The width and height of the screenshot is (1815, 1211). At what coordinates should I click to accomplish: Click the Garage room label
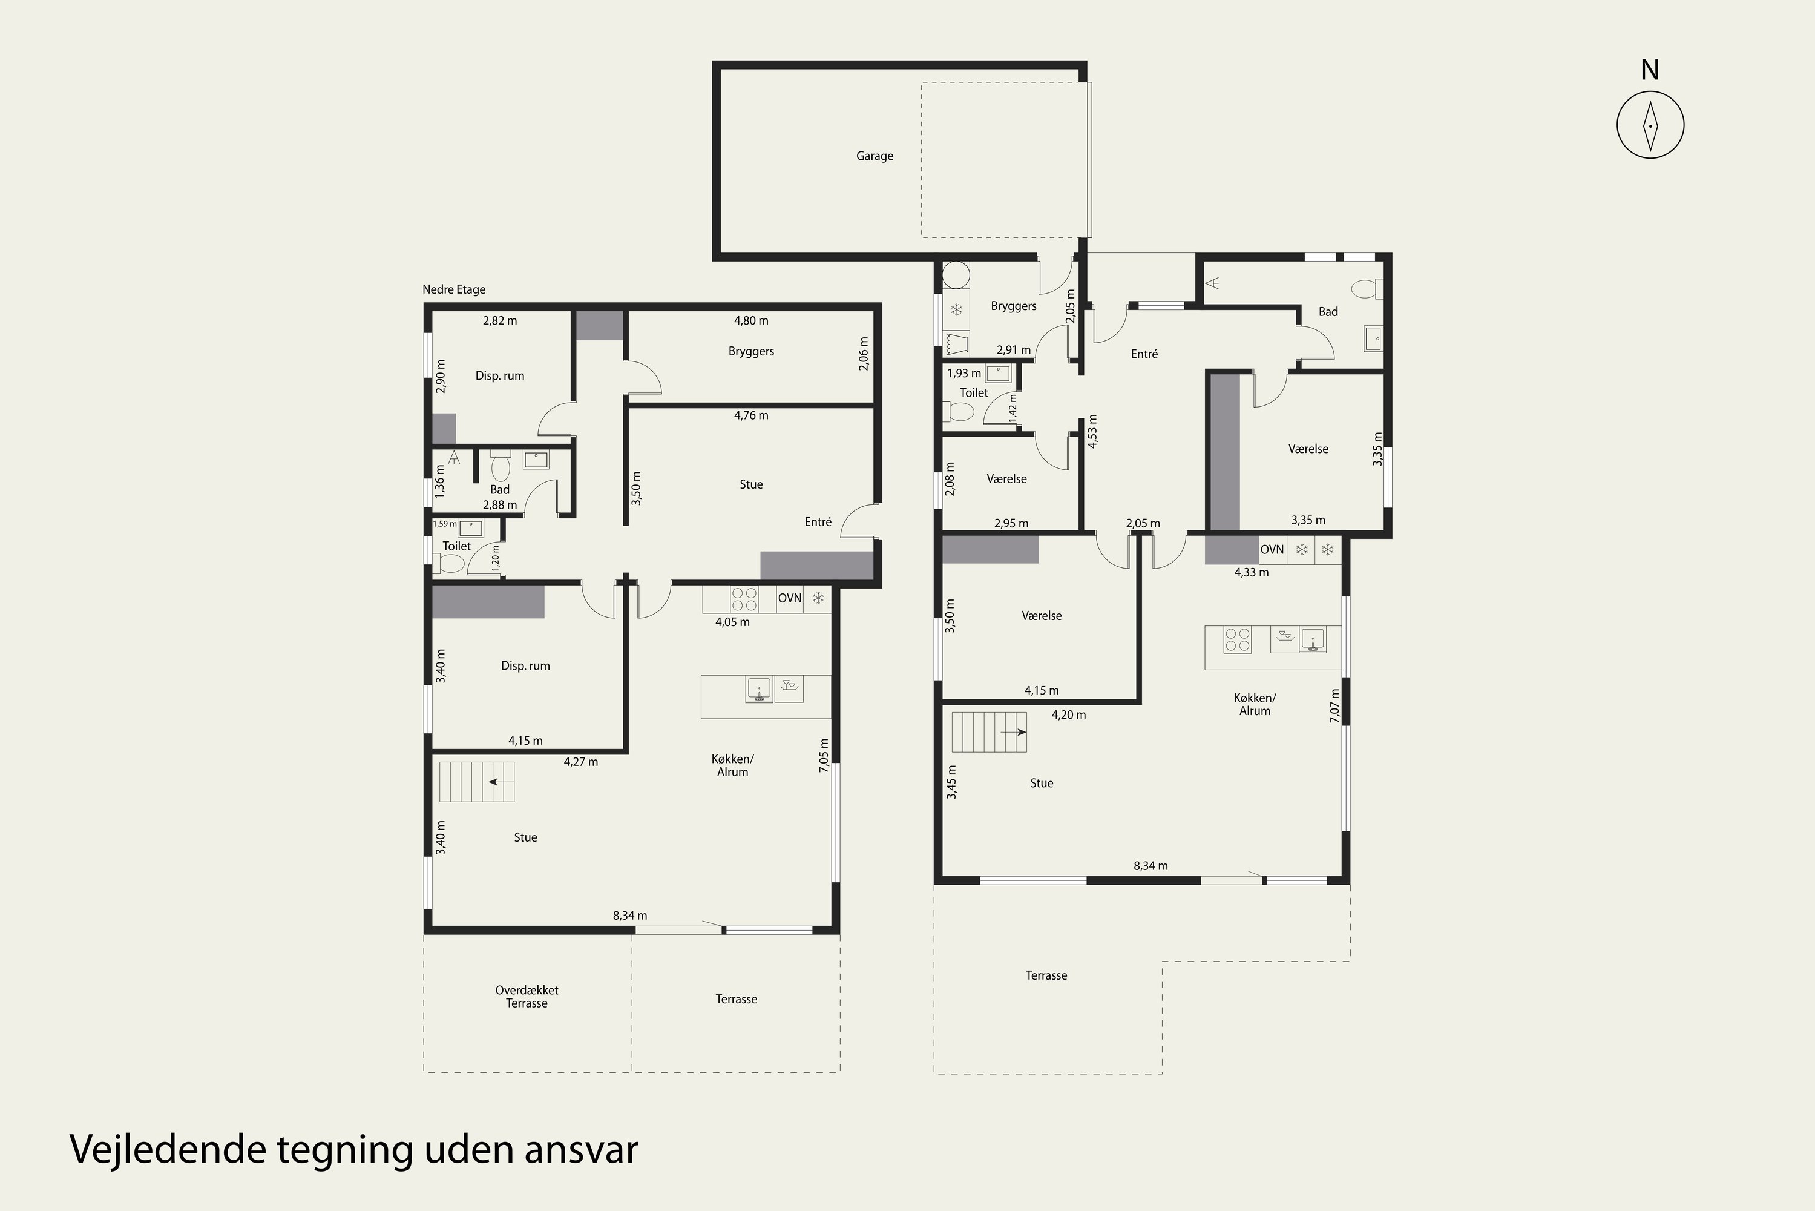pos(874,156)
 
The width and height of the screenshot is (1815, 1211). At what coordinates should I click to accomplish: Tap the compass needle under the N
pos(1650,125)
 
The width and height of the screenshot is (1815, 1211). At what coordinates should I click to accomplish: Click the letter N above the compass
pos(1650,70)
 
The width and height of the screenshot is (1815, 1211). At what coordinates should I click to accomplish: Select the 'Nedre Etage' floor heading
pos(454,289)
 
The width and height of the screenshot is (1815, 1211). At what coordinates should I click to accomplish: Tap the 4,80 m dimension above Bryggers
pos(751,320)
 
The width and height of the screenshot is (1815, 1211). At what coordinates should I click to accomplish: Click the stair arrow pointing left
pos(498,782)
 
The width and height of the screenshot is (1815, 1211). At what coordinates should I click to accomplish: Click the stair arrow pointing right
pos(1014,731)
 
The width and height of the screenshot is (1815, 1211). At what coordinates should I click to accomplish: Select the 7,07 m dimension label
pos(1335,706)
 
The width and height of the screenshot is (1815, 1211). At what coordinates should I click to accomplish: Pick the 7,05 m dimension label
pos(824,754)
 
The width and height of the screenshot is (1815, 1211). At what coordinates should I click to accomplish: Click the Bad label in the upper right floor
pos(1328,312)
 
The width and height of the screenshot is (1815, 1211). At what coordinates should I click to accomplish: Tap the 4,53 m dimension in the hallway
pos(1092,432)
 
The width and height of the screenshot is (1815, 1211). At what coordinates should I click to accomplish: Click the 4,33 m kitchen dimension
pos(1252,573)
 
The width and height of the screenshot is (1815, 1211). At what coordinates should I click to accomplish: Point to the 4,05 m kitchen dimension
pos(733,622)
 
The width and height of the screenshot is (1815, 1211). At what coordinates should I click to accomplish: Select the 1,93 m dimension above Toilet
pos(964,374)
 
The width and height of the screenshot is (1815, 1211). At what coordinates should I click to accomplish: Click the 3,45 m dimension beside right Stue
pos(951,782)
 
